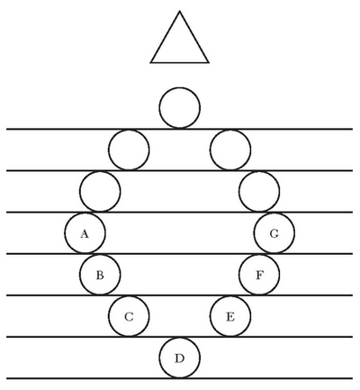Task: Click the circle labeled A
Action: click(85, 233)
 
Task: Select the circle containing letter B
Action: click(100, 275)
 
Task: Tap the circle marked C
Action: click(129, 316)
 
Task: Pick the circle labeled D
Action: click(179, 358)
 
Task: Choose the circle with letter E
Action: click(230, 316)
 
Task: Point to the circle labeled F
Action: click(259, 275)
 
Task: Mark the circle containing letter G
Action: click(274, 233)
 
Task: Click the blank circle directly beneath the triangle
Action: click(179, 108)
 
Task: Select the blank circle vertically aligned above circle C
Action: click(129, 150)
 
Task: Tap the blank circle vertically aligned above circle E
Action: click(230, 150)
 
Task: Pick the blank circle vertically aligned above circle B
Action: click(100, 191)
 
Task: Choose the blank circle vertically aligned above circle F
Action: click(259, 191)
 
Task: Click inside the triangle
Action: click(179, 45)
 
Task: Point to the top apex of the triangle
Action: click(179, 12)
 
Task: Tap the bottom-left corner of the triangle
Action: click(151, 62)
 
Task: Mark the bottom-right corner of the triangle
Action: click(208, 62)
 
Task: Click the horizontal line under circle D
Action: click(179, 378)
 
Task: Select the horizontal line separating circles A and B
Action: click(179, 254)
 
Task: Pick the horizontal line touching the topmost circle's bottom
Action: click(179, 129)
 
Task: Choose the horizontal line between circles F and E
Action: click(179, 295)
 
